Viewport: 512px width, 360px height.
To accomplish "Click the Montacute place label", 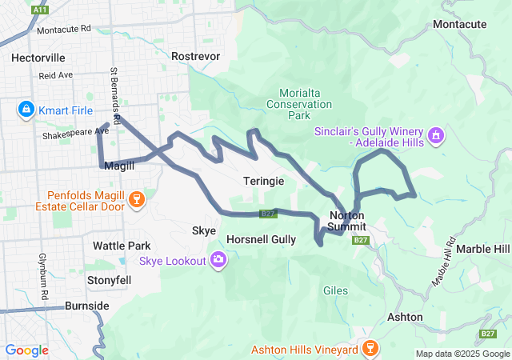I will [x=459, y=24].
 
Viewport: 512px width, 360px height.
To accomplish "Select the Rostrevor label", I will [x=195, y=56].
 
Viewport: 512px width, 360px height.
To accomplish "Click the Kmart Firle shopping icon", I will [x=26, y=108].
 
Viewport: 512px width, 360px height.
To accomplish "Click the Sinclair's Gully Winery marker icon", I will [x=436, y=134].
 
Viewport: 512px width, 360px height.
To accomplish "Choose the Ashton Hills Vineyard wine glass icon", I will [x=369, y=348].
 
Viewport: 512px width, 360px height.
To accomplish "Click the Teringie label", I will [x=263, y=182].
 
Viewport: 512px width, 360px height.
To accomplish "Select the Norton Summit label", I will [x=348, y=221].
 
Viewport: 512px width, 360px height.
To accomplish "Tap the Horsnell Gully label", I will [x=261, y=239].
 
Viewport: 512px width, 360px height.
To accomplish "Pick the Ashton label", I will [x=405, y=317].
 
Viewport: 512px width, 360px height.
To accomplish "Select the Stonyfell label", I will [x=109, y=281].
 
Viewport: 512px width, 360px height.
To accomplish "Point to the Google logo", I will [x=27, y=350].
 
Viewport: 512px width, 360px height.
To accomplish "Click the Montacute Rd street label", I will [x=64, y=29].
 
